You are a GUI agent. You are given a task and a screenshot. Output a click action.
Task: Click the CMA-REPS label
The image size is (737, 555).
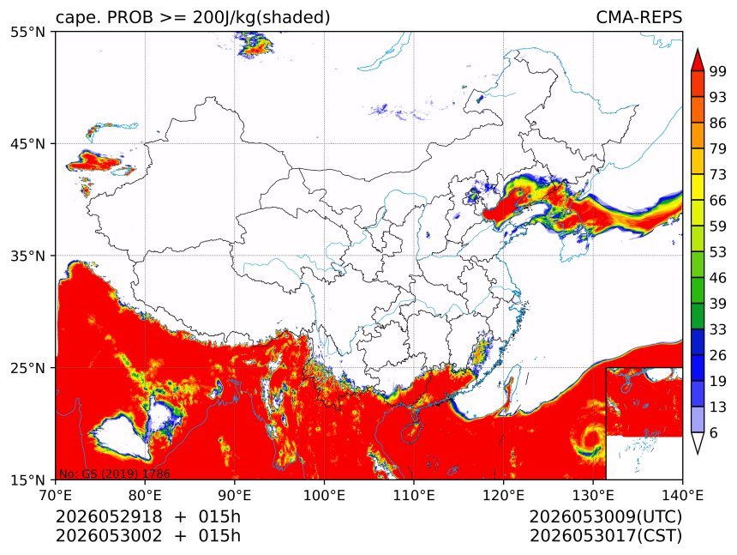point(638,17)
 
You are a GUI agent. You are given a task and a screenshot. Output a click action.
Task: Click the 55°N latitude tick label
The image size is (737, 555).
point(27,32)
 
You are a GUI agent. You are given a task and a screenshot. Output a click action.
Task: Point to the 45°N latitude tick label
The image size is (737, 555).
point(27,143)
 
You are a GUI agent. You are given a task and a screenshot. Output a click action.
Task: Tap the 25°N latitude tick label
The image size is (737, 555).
point(27,367)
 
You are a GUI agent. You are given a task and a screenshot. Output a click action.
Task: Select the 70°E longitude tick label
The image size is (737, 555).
point(56,495)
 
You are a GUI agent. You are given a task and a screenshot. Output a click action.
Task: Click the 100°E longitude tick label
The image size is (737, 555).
point(324,495)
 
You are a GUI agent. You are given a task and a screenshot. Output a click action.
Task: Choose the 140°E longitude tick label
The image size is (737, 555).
point(682,495)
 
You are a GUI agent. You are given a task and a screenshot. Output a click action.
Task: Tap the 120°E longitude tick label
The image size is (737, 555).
point(503,495)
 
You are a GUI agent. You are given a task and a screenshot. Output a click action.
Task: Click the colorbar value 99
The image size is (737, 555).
point(718,71)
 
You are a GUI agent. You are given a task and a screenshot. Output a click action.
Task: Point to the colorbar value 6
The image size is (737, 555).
point(714,432)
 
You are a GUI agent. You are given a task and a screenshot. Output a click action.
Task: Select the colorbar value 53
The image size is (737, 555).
point(718,252)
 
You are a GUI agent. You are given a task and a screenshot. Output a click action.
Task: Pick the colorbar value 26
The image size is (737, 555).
point(718,355)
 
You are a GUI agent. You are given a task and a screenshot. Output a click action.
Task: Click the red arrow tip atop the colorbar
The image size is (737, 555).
point(698,50)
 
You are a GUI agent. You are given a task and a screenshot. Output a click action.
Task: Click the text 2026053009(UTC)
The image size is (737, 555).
point(605,516)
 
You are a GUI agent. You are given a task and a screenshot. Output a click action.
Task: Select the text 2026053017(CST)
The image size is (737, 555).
point(605,536)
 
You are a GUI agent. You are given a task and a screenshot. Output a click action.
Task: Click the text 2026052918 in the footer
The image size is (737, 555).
point(109,516)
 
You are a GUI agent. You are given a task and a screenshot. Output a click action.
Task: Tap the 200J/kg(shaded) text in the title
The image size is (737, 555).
point(261,18)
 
